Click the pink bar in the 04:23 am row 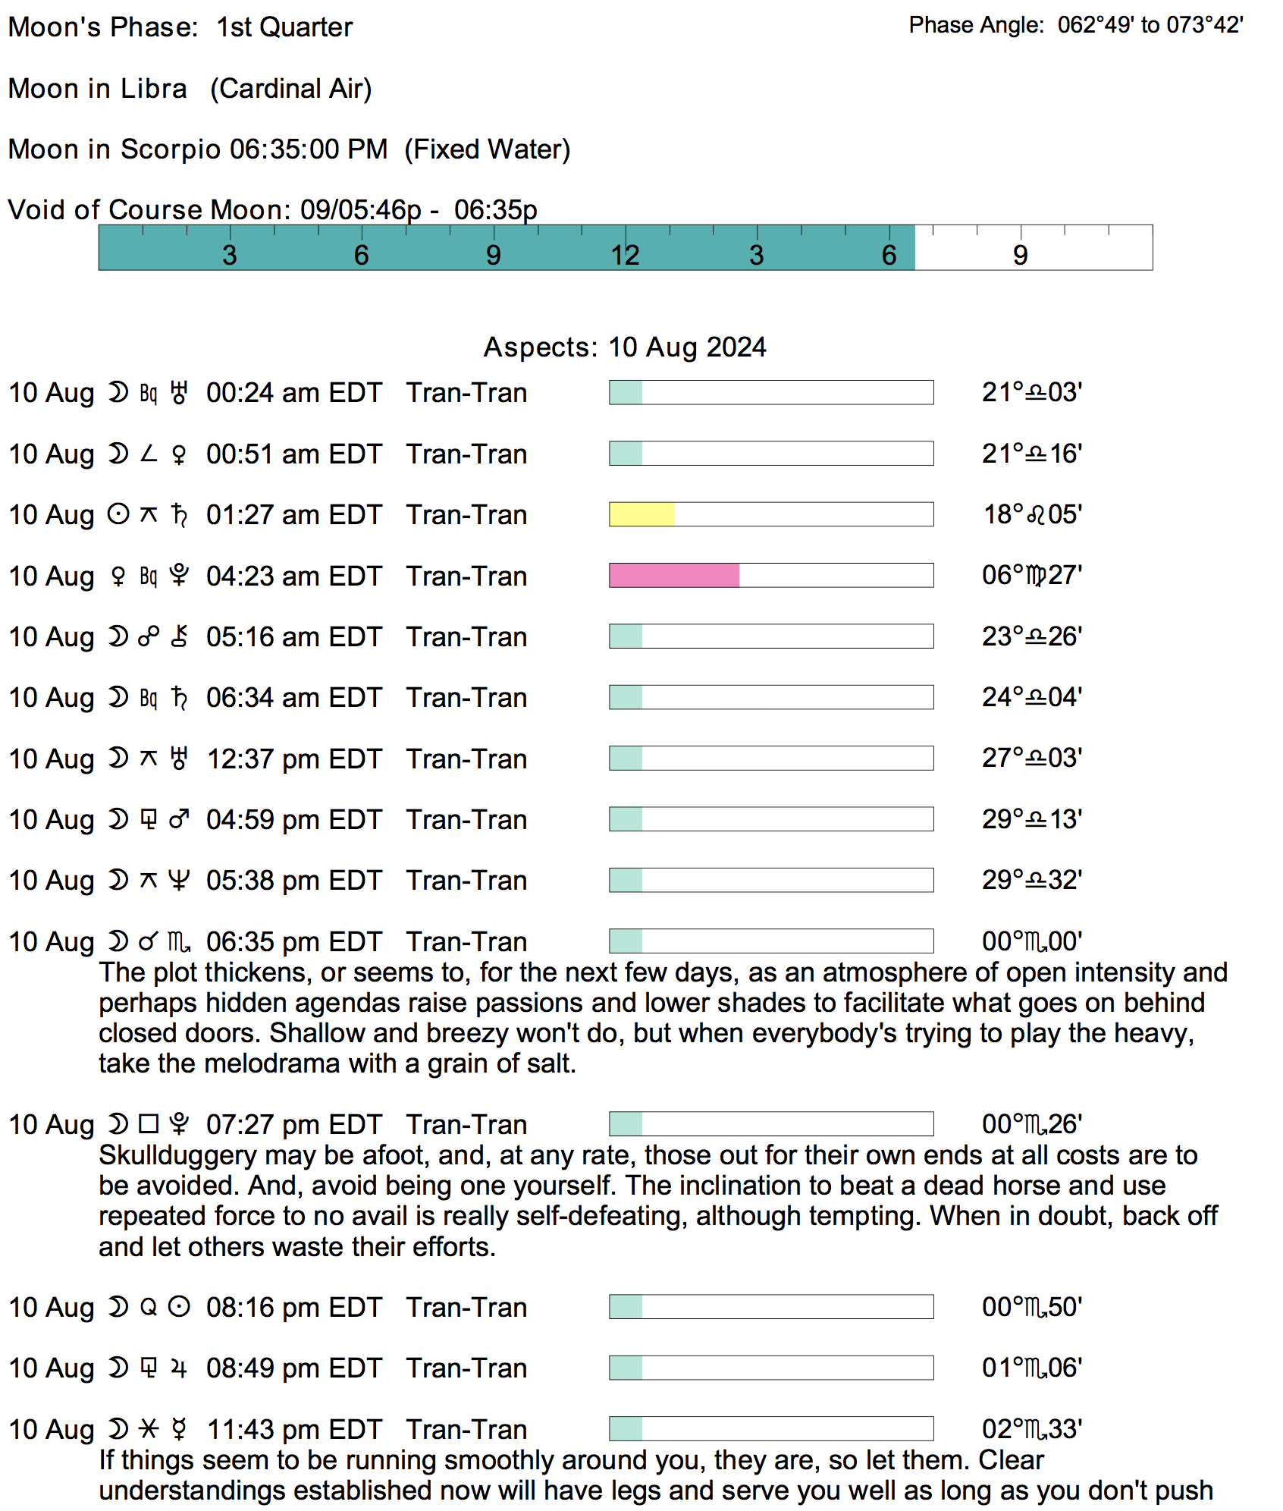(x=674, y=576)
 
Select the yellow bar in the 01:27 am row (x=641, y=514)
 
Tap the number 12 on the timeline (x=625, y=255)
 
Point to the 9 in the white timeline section (x=1020, y=255)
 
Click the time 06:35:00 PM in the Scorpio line (x=309, y=149)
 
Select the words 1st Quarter (x=284, y=27)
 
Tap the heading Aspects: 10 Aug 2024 (x=625, y=347)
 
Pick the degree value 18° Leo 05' (x=1032, y=514)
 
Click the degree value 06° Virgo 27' (x=1032, y=575)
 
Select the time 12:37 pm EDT (x=294, y=759)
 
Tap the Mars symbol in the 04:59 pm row (x=179, y=819)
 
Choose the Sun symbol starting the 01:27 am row (x=118, y=514)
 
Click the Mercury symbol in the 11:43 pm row (x=179, y=1429)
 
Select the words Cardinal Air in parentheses (x=291, y=89)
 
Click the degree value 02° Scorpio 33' (x=1032, y=1429)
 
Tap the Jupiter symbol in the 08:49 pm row (x=179, y=1368)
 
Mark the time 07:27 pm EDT (x=294, y=1124)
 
